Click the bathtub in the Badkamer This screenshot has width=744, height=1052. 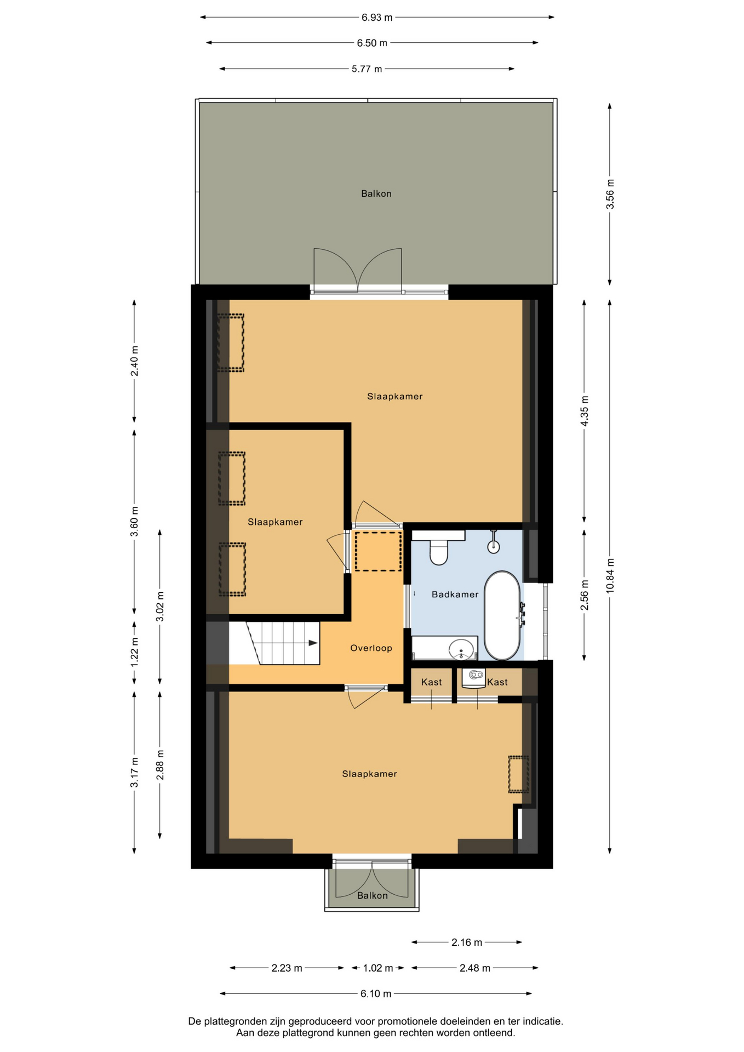(502, 615)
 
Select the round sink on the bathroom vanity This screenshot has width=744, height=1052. (461, 650)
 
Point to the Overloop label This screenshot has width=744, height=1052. (371, 648)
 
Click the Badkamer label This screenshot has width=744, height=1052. (455, 594)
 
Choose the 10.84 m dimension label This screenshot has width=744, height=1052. (610, 575)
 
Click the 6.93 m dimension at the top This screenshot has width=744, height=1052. (377, 18)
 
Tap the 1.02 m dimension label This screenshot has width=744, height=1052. (378, 968)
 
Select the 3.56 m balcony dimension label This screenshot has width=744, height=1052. (610, 194)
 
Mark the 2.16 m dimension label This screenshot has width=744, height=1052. (467, 942)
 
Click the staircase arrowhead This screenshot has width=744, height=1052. (314, 643)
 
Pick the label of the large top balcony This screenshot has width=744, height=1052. (376, 193)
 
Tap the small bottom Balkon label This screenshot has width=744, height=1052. (373, 895)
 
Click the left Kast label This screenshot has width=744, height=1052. (431, 682)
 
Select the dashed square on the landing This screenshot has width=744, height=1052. (378, 551)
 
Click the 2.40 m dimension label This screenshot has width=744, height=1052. (135, 361)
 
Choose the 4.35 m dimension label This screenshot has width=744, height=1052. (585, 411)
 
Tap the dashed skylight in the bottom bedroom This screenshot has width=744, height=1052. (518, 774)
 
